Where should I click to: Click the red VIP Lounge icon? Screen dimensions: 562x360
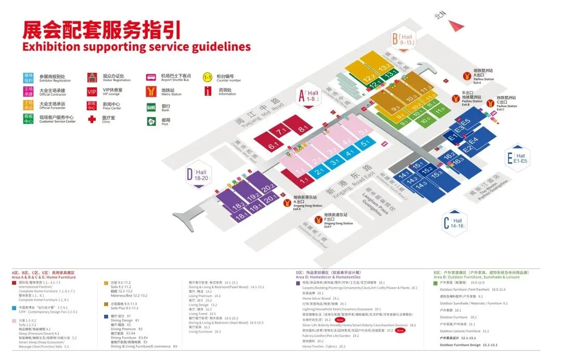[92, 92]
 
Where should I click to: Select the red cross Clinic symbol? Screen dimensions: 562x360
[92, 119]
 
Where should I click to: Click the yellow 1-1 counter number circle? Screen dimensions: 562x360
[208, 78]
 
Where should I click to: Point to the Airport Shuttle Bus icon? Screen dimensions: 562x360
[151, 78]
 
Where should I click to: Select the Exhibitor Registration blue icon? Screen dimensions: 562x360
[28, 78]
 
